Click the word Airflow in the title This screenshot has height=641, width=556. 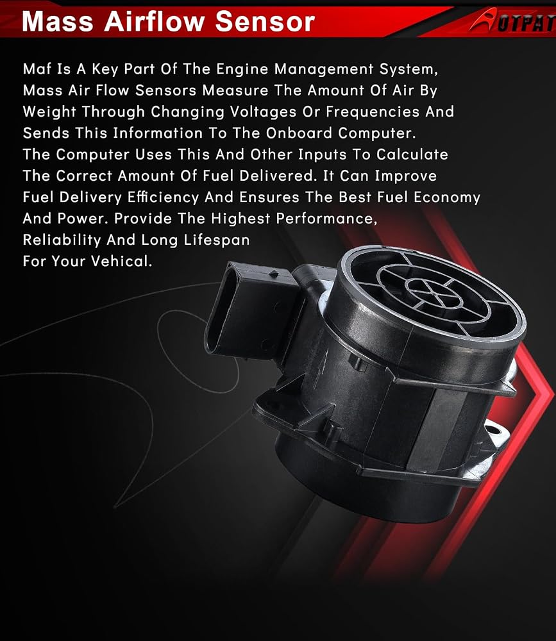click(154, 21)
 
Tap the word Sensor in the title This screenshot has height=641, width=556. click(265, 21)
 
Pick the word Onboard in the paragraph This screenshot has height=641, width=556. click(299, 133)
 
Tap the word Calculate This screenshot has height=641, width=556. click(412, 154)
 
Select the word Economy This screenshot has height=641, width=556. click(447, 197)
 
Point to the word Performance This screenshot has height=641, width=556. click(326, 219)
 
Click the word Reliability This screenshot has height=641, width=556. click(62, 240)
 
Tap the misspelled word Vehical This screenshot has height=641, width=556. click(121, 262)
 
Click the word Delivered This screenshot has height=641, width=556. click(278, 176)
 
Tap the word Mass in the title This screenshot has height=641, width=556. click(57, 21)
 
